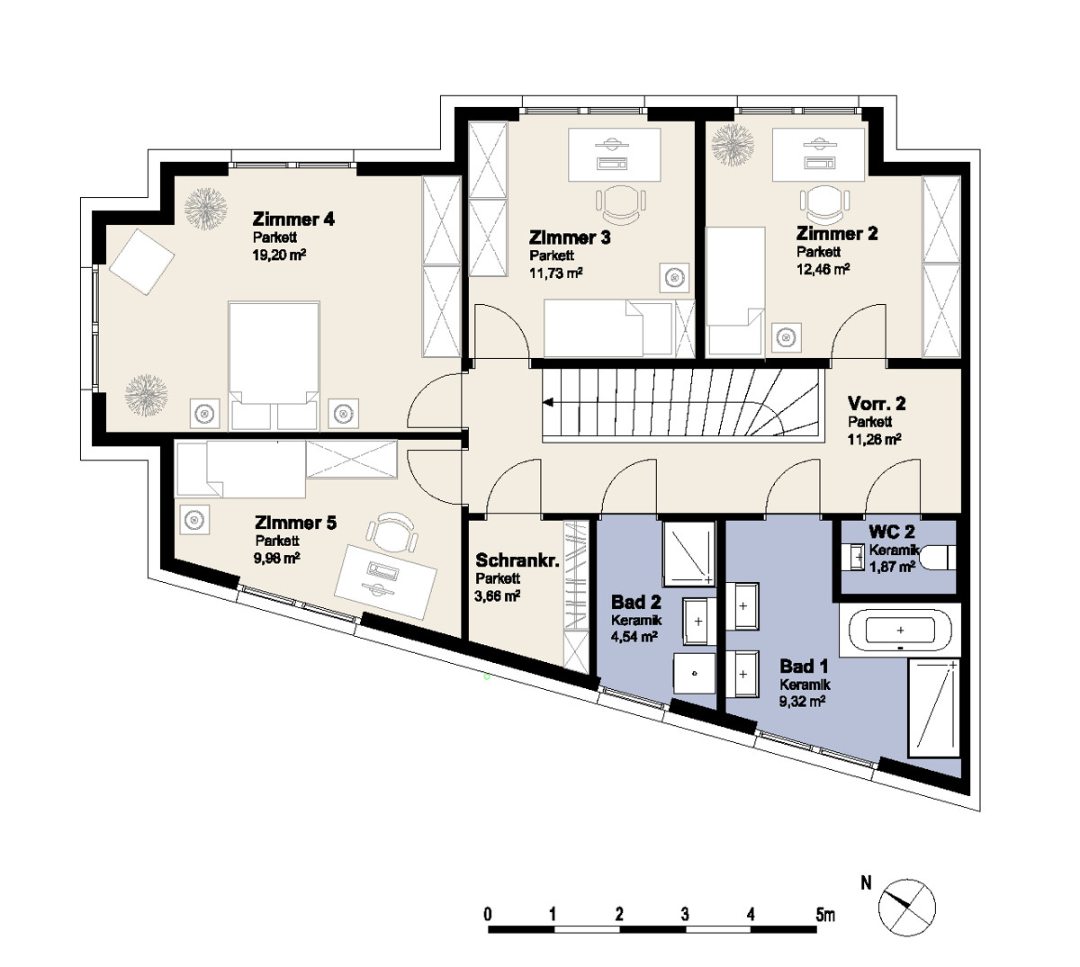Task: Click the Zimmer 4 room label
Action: point(293,219)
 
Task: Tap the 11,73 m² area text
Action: point(555,273)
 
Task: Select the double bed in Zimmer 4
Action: point(274,365)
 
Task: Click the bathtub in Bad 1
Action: point(900,630)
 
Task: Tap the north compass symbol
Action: point(907,908)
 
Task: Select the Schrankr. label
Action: point(517,560)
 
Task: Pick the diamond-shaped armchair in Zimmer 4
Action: point(142,262)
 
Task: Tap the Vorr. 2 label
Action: point(877,403)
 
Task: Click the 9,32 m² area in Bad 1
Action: point(802,702)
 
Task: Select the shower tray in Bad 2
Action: point(688,553)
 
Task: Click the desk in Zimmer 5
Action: point(385,581)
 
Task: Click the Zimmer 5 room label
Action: point(295,523)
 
